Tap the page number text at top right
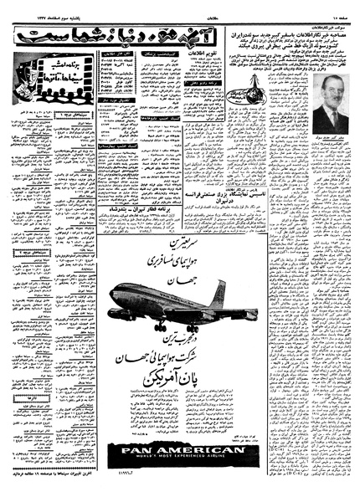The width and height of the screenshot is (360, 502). (335, 11)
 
